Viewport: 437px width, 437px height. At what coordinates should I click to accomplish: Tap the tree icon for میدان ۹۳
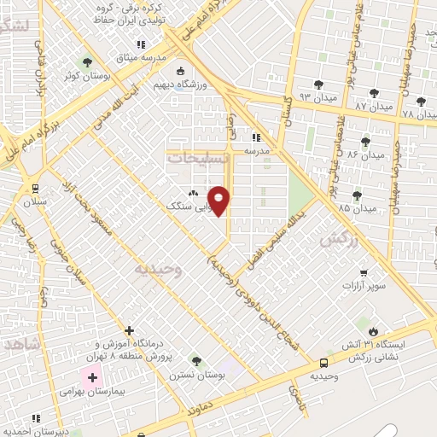(x=318, y=84)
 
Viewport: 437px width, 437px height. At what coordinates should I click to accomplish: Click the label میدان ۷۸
(x=418, y=112)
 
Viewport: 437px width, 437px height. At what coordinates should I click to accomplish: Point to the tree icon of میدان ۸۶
(x=366, y=141)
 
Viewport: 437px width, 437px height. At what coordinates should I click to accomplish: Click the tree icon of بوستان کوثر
(x=86, y=61)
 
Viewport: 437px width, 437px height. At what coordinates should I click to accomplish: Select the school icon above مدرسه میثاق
(x=141, y=44)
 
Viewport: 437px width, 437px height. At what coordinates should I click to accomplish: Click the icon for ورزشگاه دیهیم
(x=179, y=72)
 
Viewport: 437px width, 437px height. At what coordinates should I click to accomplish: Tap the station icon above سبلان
(x=34, y=188)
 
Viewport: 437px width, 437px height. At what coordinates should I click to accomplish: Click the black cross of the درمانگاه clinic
(x=129, y=329)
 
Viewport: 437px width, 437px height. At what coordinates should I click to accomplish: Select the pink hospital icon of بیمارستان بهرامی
(x=91, y=376)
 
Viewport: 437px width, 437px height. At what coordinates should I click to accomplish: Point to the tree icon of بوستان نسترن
(x=195, y=361)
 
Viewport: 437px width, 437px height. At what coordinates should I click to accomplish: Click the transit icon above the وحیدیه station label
(x=323, y=362)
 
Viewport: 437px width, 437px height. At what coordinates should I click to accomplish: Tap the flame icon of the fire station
(x=373, y=329)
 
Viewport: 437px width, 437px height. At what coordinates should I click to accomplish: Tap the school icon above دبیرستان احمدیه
(x=35, y=418)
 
